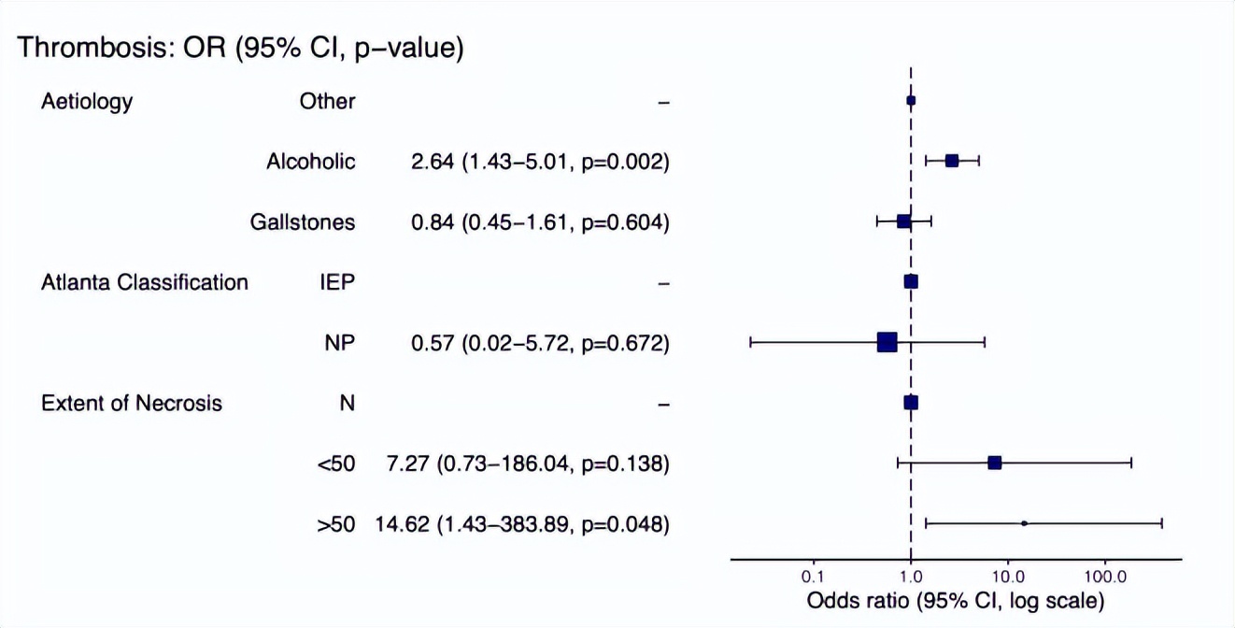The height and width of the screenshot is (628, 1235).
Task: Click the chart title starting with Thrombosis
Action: coord(241,48)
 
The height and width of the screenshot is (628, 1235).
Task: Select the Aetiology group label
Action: coord(87,101)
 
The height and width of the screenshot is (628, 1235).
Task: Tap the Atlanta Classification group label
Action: coord(145,282)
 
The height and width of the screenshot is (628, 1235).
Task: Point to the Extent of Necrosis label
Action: coord(132,403)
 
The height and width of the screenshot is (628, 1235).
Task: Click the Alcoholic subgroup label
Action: coord(311,162)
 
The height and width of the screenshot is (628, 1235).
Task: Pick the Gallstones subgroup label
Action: coord(303,222)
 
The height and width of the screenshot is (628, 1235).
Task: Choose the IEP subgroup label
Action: coord(336,282)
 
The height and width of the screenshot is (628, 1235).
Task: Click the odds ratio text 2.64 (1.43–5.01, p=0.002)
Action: coord(541,162)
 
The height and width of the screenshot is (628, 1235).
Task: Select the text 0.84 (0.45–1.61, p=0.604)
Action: coord(541,222)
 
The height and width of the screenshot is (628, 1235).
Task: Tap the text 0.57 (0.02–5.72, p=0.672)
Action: coord(541,343)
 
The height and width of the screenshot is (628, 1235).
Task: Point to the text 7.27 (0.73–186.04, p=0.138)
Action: coord(528,464)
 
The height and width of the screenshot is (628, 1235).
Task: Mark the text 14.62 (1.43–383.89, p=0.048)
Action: coord(522,524)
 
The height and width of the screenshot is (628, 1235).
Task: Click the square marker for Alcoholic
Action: coord(952,161)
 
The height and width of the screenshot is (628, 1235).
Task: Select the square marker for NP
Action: coord(887,342)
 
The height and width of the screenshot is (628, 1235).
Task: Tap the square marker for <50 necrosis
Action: coord(995,463)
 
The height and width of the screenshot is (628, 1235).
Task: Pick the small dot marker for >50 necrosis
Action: coord(1024,523)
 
